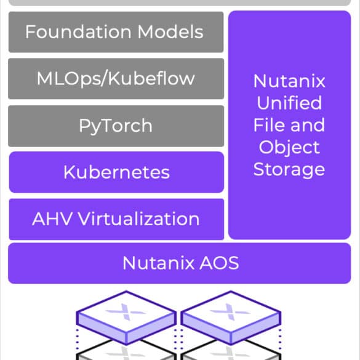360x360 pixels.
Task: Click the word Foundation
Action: pos(78,31)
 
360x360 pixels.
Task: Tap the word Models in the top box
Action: pos(170,31)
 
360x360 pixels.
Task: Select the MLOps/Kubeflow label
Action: pos(116,79)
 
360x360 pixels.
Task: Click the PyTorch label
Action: pos(116,126)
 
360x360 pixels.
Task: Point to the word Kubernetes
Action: pos(117,172)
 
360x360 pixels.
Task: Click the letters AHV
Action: pos(52,219)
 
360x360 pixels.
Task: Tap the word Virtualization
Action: pos(139,219)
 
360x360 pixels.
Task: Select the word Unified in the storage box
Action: pos(289,103)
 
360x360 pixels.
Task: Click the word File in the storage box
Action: pos(266,125)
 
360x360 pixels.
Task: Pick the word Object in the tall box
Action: pos(289,148)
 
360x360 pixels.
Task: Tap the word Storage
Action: pos(289,170)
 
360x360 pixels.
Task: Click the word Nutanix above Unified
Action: pos(289,81)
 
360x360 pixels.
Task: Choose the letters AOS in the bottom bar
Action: pos(219,263)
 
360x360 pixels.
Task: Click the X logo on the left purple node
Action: pos(126,312)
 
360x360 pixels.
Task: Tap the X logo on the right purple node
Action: pos(230,312)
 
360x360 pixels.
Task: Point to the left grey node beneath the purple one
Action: pos(126,351)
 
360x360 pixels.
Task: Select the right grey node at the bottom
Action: pos(231,351)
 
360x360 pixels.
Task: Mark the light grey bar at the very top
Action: pos(180,2)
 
